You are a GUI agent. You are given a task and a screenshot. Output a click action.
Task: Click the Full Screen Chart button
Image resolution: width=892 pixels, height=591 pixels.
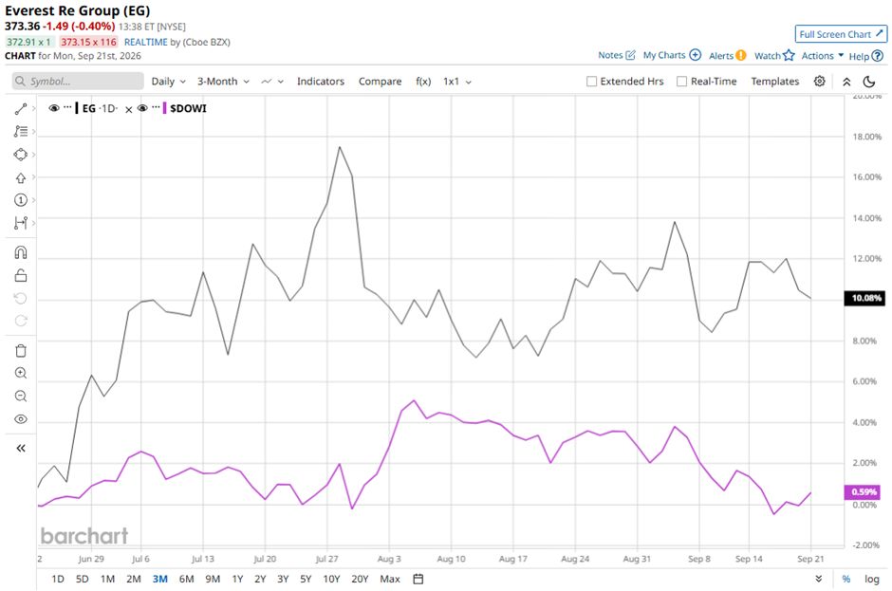tap(840, 34)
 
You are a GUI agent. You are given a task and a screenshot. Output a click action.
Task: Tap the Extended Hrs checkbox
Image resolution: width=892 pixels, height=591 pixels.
tap(591, 82)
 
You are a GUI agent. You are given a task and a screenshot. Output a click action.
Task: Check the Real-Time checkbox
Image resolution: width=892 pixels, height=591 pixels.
tap(681, 82)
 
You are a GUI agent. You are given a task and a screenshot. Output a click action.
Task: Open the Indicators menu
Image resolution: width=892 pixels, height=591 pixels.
tap(321, 82)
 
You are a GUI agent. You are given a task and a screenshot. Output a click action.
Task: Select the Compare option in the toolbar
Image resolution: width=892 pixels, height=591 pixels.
tap(380, 82)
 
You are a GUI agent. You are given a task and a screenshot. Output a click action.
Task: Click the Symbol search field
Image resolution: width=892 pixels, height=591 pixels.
tap(78, 82)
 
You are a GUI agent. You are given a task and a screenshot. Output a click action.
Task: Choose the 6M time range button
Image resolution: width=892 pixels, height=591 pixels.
tap(186, 579)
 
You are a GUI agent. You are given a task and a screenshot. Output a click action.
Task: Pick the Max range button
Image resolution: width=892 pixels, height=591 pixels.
tap(390, 579)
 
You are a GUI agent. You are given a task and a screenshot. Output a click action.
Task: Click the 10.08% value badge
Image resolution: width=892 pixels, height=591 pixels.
tap(864, 298)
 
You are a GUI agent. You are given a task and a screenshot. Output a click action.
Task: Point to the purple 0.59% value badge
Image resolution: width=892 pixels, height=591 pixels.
tap(864, 491)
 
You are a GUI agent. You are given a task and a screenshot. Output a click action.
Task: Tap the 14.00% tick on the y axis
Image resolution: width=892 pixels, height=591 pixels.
tap(867, 218)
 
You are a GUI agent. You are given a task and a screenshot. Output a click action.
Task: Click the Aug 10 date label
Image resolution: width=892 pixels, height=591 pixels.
tap(451, 559)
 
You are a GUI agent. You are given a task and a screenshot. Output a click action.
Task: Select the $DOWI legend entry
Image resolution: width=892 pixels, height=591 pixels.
tap(188, 108)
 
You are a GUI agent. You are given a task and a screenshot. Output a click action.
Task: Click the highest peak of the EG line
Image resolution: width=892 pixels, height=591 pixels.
tap(340, 147)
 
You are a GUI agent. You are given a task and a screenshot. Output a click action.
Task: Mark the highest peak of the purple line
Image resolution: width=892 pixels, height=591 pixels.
tap(414, 400)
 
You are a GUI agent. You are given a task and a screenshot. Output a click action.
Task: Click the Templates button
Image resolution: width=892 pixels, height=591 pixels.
tap(775, 82)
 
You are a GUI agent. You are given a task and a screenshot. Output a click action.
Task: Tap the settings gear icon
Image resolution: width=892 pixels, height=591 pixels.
tap(819, 82)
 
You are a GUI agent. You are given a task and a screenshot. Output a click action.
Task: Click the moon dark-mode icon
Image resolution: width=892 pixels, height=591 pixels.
tap(868, 82)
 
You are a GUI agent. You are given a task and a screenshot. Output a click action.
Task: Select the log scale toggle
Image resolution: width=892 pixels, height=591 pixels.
tap(871, 579)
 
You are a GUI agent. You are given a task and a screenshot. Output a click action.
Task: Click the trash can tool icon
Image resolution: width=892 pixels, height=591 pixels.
tap(21, 350)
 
